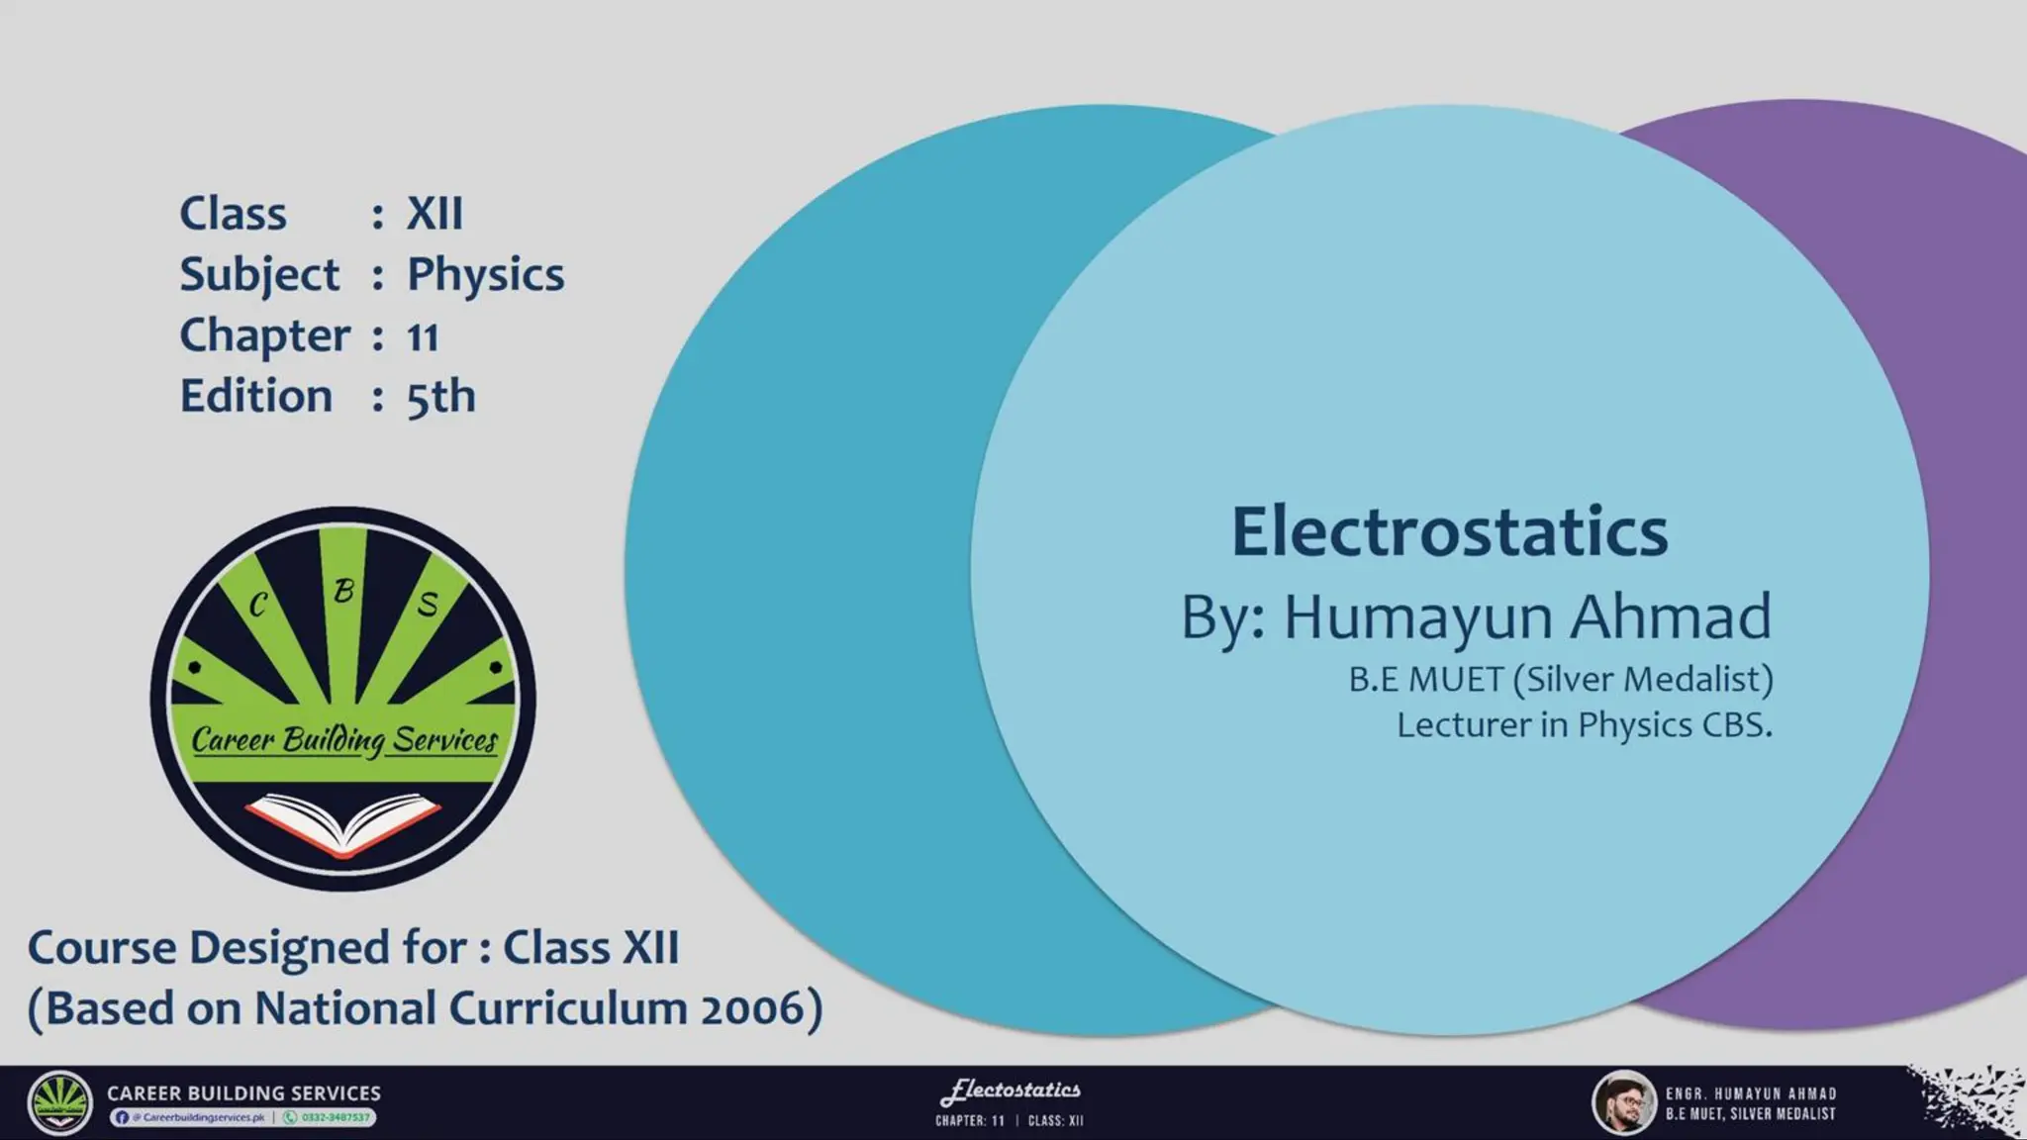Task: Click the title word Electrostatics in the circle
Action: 1449,531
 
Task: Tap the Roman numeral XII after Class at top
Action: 434,214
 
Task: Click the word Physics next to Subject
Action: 485,275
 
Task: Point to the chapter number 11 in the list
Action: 423,337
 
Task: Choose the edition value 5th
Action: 440,397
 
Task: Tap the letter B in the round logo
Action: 343,591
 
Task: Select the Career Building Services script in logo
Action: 344,740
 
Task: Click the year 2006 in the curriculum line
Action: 754,1008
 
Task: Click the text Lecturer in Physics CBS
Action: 1584,725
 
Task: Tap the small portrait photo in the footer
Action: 1623,1102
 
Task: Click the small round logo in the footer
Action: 59,1102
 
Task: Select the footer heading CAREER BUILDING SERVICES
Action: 243,1092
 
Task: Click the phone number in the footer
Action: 335,1117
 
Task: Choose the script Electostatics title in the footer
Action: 1011,1091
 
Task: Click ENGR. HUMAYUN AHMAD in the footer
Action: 1750,1093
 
